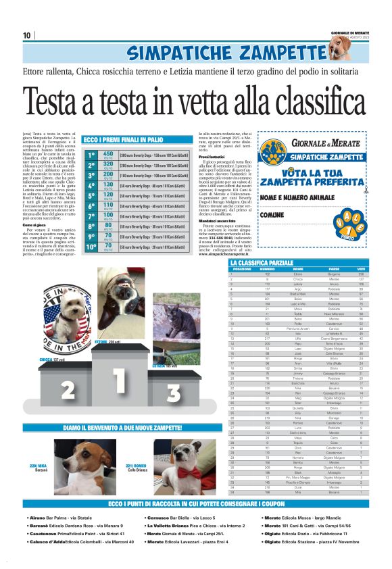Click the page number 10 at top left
point(26,36)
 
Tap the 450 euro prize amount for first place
point(107,155)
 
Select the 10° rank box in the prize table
point(91,247)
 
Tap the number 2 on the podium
point(67,389)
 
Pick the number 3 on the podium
point(173,392)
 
